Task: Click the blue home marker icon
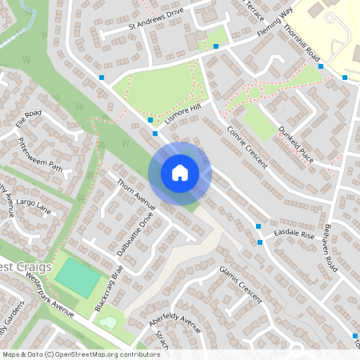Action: click(x=180, y=173)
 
